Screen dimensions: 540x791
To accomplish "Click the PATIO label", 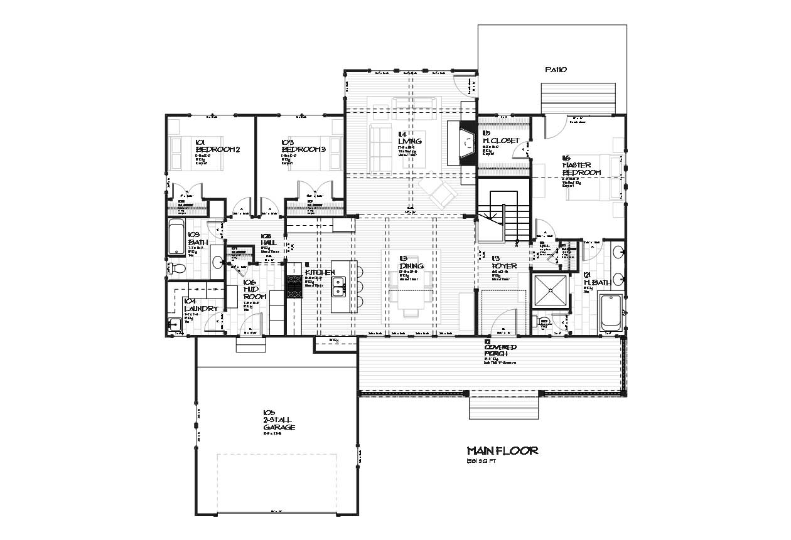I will pos(556,70).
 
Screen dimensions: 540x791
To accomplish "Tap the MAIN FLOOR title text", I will pos(502,451).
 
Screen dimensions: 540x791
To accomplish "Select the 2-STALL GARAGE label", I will pos(279,423).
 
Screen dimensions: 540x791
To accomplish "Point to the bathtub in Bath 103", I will pos(176,238).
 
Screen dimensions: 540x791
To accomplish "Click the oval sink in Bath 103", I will pos(217,262).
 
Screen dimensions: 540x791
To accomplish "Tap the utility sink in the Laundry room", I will pos(175,325).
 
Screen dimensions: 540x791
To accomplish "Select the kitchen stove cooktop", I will pos(294,287).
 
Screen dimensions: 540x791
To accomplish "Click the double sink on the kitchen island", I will pos(339,287).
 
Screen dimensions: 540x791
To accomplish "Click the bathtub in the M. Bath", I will pos(611,312).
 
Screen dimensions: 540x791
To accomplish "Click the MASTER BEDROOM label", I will pos(581,169).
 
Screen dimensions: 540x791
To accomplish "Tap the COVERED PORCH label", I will pos(500,351).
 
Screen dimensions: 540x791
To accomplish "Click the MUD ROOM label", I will pos(255,292).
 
